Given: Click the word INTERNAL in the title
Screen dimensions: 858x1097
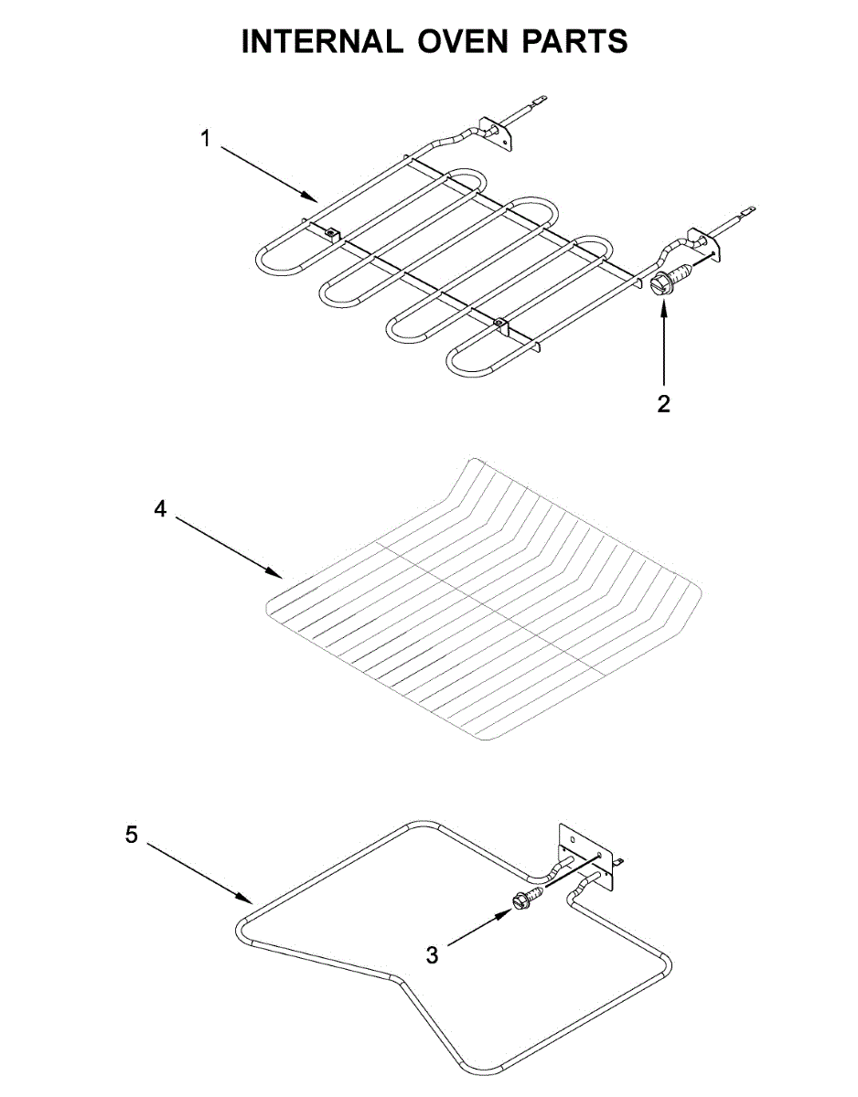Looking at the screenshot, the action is [x=319, y=42].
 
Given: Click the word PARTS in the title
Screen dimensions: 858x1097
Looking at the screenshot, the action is [x=573, y=42].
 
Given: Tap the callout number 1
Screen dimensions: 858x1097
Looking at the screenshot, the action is [x=206, y=139].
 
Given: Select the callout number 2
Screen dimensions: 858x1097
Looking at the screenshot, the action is [x=664, y=403].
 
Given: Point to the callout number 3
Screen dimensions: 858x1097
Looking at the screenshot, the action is [x=432, y=955].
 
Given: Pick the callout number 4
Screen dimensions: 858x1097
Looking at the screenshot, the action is [x=160, y=510].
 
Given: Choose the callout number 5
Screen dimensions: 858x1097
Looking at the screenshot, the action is [x=132, y=834].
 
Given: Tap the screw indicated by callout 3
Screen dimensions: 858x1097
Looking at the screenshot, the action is [x=528, y=901].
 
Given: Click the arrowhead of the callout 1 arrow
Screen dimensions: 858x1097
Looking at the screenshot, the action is [x=315, y=197].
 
